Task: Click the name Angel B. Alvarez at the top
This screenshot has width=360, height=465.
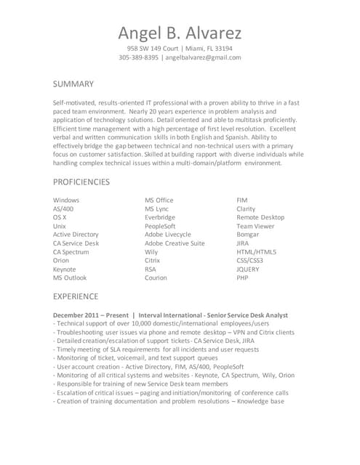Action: (180, 33)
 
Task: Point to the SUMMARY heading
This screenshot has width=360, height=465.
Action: (73, 84)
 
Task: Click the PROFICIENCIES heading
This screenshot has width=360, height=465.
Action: (81, 182)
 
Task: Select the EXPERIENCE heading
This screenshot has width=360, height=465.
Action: (76, 296)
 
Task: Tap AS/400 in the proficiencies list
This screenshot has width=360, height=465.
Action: (63, 209)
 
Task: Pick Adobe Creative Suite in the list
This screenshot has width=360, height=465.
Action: (175, 243)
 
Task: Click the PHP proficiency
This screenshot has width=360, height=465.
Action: (242, 278)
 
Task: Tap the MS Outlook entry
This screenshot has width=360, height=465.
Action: (69, 278)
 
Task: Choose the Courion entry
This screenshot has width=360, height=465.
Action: (156, 278)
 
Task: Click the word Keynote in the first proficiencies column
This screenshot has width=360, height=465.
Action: (64, 269)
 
